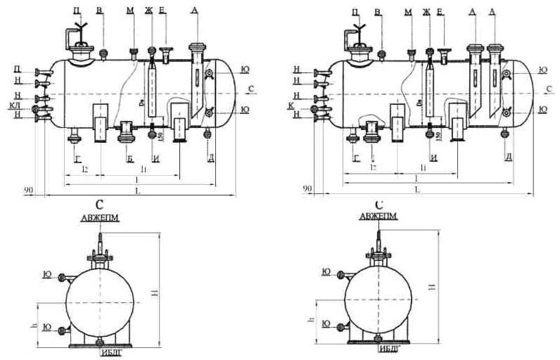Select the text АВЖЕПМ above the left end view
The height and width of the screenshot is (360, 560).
click(100, 218)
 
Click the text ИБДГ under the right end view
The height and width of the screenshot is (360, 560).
click(388, 349)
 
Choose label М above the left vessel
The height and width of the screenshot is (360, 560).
click(131, 11)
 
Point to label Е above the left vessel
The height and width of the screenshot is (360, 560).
click(163, 11)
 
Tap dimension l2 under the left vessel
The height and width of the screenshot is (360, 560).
click(84, 169)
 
